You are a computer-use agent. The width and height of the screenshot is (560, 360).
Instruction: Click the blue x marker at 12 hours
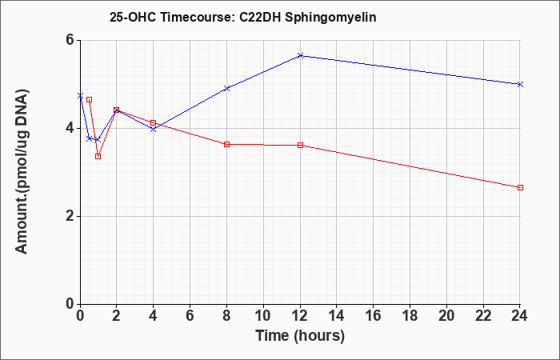tap(300, 55)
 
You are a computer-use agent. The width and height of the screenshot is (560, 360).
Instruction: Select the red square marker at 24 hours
tap(520, 187)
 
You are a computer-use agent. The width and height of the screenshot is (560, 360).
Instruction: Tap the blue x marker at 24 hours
tap(520, 84)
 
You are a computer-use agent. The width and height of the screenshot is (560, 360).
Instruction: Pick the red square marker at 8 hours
tap(226, 144)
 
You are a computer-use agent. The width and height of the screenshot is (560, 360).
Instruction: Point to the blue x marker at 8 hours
tap(226, 88)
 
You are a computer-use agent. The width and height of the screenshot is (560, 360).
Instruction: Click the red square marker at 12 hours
tap(300, 145)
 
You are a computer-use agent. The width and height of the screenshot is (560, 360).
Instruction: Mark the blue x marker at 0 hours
tap(80, 96)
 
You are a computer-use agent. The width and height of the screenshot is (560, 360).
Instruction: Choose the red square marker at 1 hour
tap(98, 156)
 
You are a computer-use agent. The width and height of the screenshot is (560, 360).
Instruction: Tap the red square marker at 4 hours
tap(154, 123)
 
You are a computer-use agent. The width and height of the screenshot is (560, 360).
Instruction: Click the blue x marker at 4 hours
tap(154, 129)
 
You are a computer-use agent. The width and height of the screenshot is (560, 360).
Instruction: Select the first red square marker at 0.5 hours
tap(90, 100)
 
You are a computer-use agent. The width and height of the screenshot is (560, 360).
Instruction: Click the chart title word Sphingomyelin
tap(330, 18)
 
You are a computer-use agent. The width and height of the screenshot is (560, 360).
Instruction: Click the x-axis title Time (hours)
tap(300, 336)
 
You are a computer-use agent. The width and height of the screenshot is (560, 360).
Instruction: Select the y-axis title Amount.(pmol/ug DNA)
tap(22, 172)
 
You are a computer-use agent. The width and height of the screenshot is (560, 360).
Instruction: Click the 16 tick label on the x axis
tap(374, 316)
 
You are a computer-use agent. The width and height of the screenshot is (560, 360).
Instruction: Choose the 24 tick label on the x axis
tap(520, 316)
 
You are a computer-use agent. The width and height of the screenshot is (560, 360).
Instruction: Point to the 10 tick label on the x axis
tap(263, 316)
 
